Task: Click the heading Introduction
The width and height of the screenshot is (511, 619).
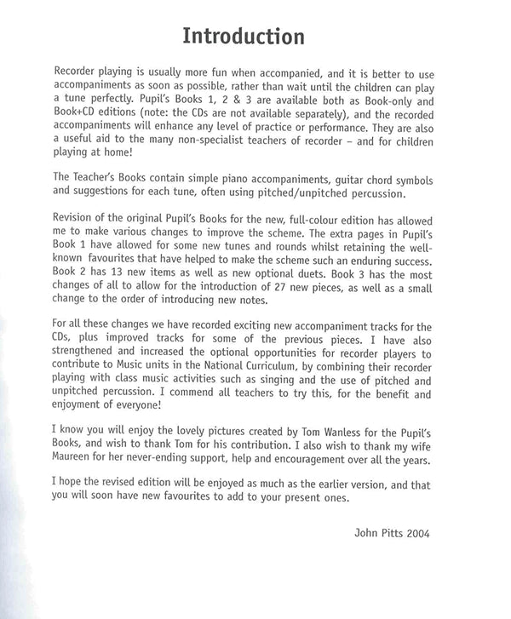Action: (x=244, y=37)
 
